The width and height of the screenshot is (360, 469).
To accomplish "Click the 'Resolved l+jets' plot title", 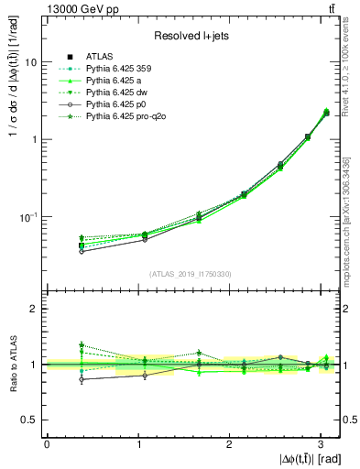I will [x=191, y=36].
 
